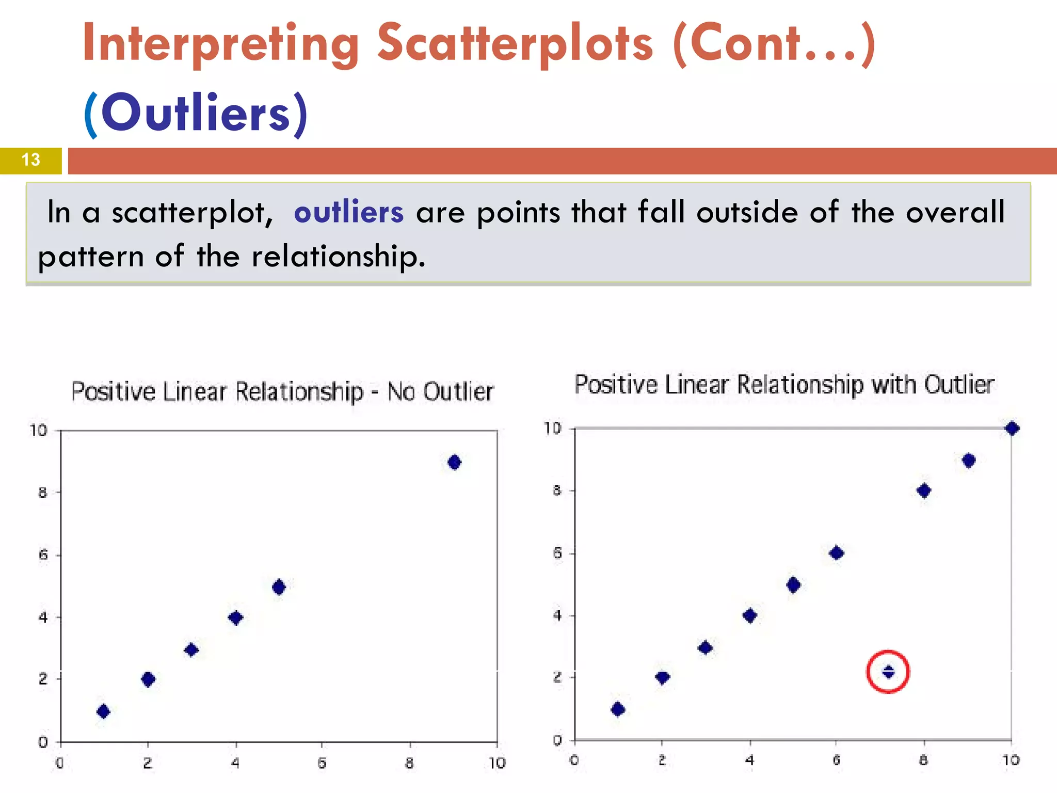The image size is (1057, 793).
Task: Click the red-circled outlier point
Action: coord(888,672)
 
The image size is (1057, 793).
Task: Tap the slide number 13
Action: coord(31,160)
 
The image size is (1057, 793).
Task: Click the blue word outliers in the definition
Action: coord(348,212)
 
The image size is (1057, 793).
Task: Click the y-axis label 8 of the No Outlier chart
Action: coord(43,493)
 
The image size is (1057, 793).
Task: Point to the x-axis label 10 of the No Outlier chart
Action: coord(497,763)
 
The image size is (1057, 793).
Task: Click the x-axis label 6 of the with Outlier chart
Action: coord(837,760)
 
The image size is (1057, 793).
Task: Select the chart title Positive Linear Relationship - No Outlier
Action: coord(282,392)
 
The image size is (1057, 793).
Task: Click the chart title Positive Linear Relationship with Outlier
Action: coord(784,385)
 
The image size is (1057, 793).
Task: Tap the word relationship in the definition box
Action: coord(338,257)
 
